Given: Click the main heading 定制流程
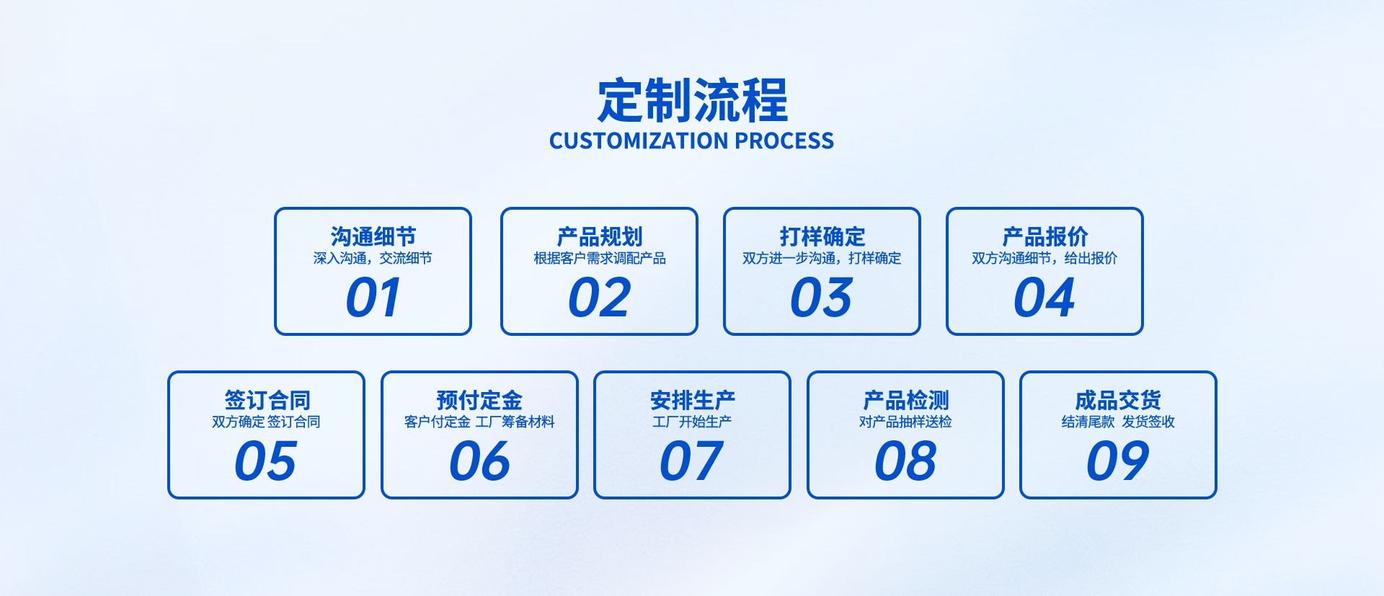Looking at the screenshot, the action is coord(692,100).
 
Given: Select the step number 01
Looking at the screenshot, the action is coord(373,298).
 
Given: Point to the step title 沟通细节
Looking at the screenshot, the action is coord(373,236).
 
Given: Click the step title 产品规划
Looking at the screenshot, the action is coord(599,236).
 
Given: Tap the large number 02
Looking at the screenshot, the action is coord(599,298).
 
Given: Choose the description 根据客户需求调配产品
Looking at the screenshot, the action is coord(599,258).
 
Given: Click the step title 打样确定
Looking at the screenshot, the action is coord(822,236).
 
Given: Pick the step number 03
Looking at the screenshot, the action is coord(822,298).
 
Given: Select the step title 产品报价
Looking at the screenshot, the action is coord(1044,236).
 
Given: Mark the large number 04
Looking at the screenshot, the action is coord(1044,298).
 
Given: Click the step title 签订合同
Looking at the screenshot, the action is coord(267,400).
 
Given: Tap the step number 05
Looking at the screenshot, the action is coord(266,461).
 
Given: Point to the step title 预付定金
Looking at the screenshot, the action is coord(479,400).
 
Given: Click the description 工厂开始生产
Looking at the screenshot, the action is coord(692,422).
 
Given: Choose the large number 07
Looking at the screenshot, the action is coord(692,461).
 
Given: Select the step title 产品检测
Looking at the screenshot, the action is coord(905,400).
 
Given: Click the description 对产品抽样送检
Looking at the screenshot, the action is coord(905,422).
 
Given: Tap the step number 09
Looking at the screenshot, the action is coord(1118,461).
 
